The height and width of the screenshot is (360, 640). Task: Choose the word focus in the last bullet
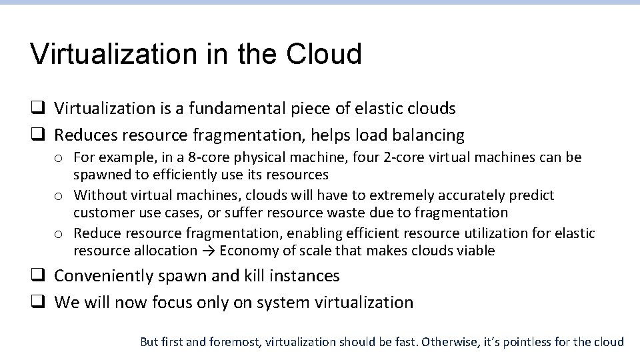click(x=166, y=303)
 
